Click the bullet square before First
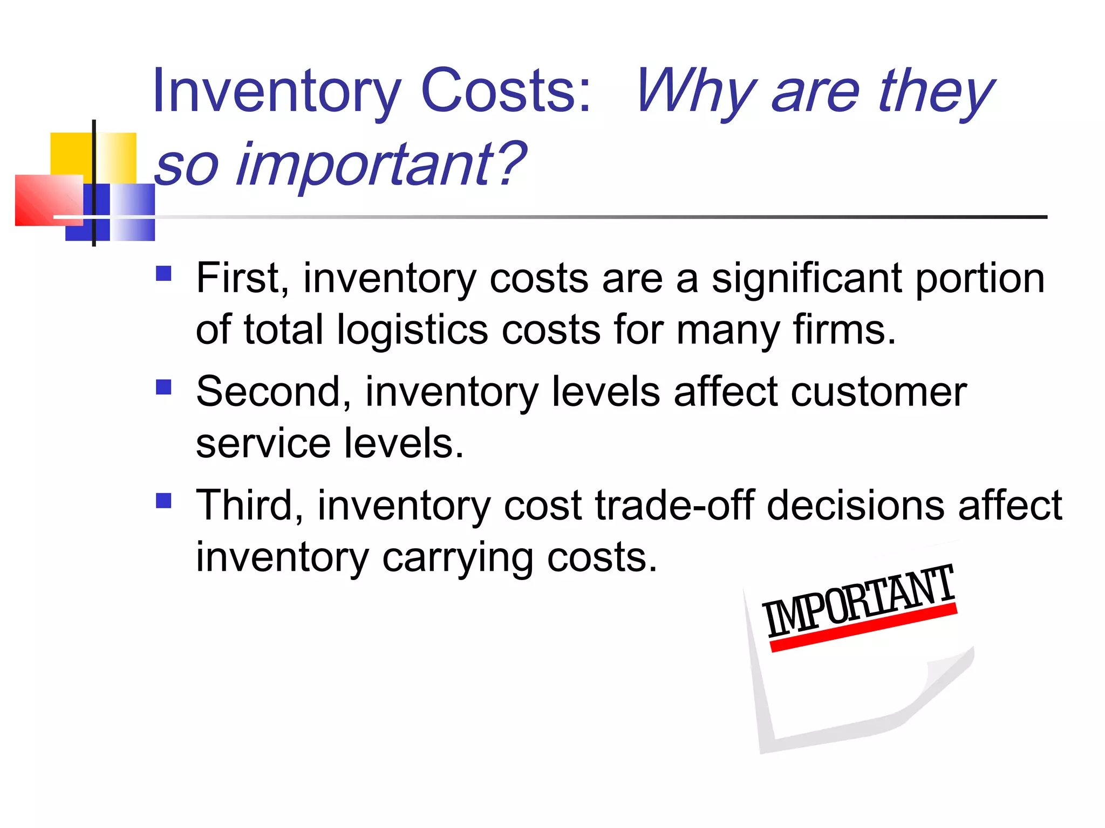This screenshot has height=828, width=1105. pos(163,274)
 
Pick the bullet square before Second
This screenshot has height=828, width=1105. pos(163,388)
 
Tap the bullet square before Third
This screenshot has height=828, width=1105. pos(163,501)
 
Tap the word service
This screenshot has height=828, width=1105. pos(263,444)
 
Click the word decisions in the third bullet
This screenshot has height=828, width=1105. pos(855,506)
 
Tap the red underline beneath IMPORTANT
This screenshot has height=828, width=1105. pos(863,629)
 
